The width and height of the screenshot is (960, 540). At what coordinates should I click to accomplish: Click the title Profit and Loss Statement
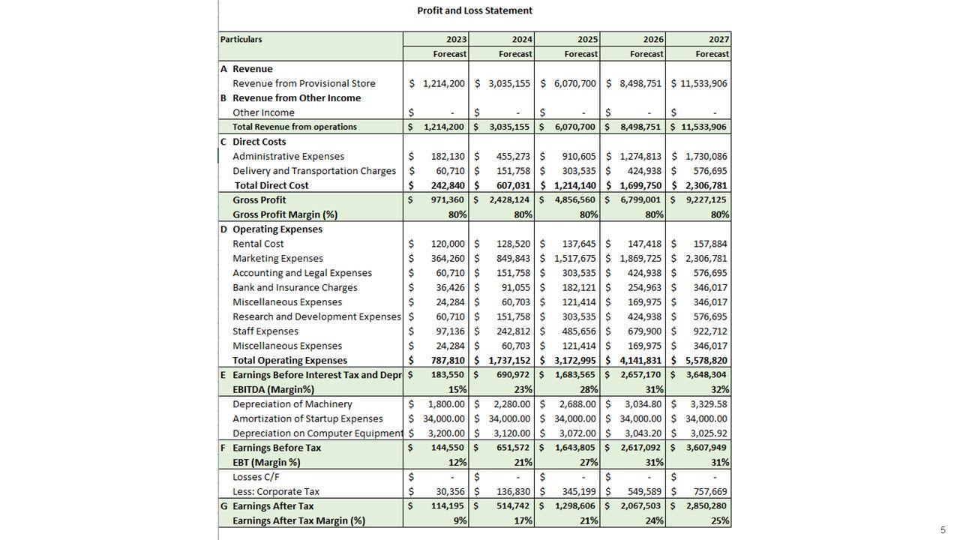pyautogui.click(x=474, y=10)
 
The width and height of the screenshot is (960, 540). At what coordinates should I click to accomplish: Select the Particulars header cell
pyautogui.click(x=241, y=39)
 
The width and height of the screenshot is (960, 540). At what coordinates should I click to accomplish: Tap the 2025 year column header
pyautogui.click(x=588, y=39)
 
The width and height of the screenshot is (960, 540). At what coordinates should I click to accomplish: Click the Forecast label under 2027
pyautogui.click(x=712, y=54)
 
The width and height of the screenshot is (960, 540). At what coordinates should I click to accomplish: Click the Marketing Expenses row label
pyautogui.click(x=277, y=259)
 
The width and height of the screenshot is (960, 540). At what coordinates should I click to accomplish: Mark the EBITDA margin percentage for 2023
pyautogui.click(x=458, y=390)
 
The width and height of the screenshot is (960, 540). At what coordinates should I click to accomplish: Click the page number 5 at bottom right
pyautogui.click(x=943, y=530)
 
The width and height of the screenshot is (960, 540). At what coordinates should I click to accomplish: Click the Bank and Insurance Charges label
pyautogui.click(x=295, y=288)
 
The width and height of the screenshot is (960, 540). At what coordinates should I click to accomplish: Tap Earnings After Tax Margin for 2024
pyautogui.click(x=523, y=521)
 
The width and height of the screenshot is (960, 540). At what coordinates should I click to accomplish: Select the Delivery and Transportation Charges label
pyautogui.click(x=313, y=171)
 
